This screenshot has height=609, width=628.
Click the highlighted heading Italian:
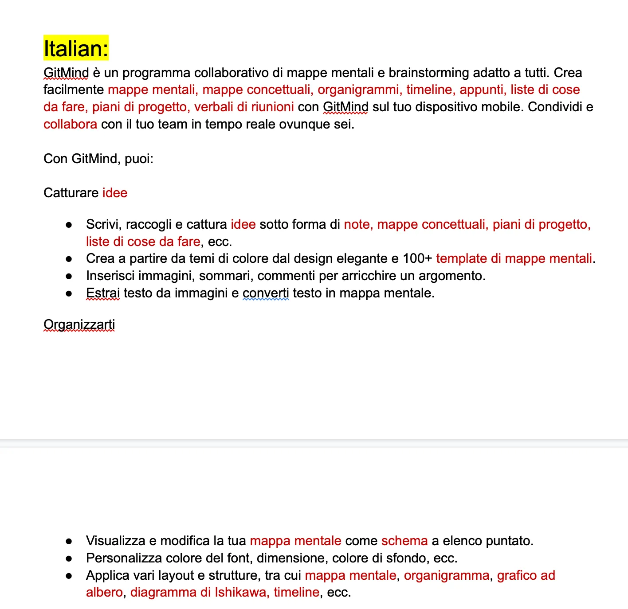pyautogui.click(x=76, y=48)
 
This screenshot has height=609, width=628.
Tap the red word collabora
pyautogui.click(x=70, y=124)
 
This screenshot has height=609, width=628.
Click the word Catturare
pyautogui.click(x=71, y=193)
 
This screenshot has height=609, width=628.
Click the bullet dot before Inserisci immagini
pyautogui.click(x=69, y=276)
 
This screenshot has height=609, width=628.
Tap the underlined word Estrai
pyautogui.click(x=103, y=293)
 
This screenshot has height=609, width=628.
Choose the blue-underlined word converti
pyautogui.click(x=266, y=293)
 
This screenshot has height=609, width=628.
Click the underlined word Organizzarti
pyautogui.click(x=79, y=324)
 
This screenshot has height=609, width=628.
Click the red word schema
pyautogui.click(x=404, y=541)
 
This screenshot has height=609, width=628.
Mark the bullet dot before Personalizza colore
pyautogui.click(x=69, y=558)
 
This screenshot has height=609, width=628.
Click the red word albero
pyautogui.click(x=104, y=592)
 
